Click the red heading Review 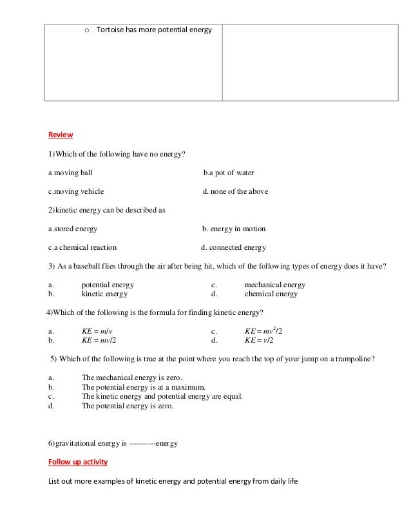[x=61, y=135]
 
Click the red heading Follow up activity [x=78, y=462]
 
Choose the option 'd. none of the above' [x=235, y=191]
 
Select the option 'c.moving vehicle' [x=76, y=191]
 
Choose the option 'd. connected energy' [x=233, y=247]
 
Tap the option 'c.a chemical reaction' [x=82, y=247]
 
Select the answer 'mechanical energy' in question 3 [x=274, y=285]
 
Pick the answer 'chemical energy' [x=271, y=294]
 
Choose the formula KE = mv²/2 [x=263, y=331]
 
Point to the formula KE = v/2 [x=260, y=340]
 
